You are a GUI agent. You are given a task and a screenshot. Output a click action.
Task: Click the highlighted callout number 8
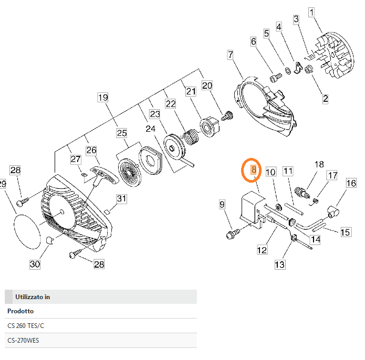coord(253,170)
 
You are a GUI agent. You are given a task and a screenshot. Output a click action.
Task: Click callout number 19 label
coord(102,98)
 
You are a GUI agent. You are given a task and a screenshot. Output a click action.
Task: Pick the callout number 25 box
coord(122,133)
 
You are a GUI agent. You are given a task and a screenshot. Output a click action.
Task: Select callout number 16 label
coord(351,183)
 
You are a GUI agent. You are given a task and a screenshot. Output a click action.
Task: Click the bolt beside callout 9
coord(231,232)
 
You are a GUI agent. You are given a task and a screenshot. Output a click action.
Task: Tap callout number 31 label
coord(121,198)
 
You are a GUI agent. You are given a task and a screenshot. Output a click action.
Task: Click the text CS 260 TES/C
coord(26,326)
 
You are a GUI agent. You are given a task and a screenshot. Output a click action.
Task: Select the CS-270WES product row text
coord(23,341)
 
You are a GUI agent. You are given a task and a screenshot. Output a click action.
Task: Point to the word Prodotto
coord(20,311)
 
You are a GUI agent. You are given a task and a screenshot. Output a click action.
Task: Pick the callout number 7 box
coord(230,54)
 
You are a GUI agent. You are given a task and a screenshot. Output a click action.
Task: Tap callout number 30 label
coord(35,264)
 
